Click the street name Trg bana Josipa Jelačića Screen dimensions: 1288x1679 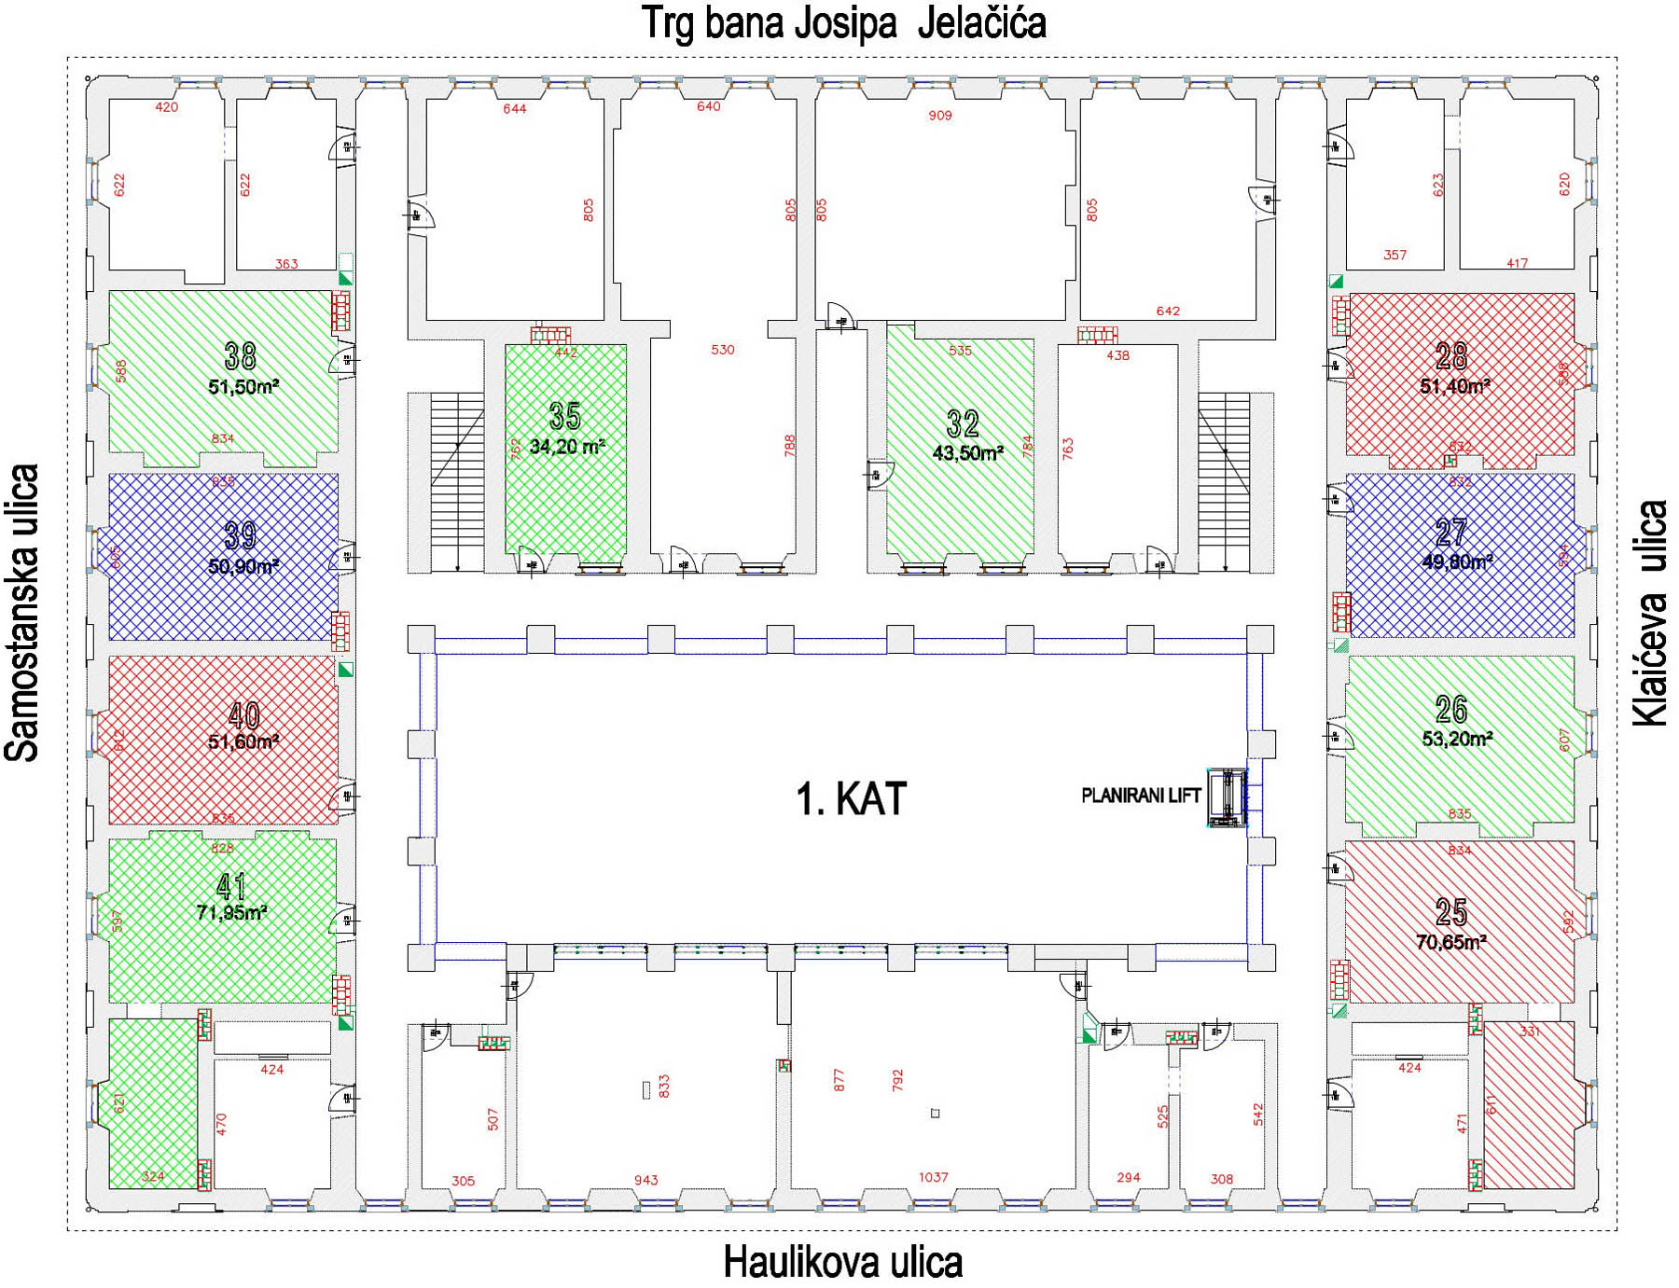pos(843,23)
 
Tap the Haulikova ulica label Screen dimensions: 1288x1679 pos(842,1263)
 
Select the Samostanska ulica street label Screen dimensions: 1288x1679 pos(22,613)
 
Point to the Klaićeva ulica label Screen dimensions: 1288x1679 pos(1650,613)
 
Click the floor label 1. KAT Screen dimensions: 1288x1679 pos(851,799)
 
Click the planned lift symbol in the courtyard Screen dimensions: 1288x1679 pos(1227,798)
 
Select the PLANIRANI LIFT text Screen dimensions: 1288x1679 pos(1140,796)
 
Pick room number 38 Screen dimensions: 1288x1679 pos(241,355)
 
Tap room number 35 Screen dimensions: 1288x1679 pos(565,416)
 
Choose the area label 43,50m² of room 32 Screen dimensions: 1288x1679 pos(967,453)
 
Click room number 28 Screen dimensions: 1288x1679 pos(1451,355)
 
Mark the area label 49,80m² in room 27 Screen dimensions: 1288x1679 pos(1456,561)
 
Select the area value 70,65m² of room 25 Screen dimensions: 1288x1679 pos(1450,942)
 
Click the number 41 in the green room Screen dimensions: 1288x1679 pos(231,885)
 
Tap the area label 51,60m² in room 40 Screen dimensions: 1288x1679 pos(243,742)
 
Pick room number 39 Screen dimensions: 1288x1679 pos(241,535)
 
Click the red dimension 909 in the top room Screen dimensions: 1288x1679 pos(939,116)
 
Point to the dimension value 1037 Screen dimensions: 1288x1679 pos(933,1177)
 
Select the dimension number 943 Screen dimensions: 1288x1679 pos(645,1180)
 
